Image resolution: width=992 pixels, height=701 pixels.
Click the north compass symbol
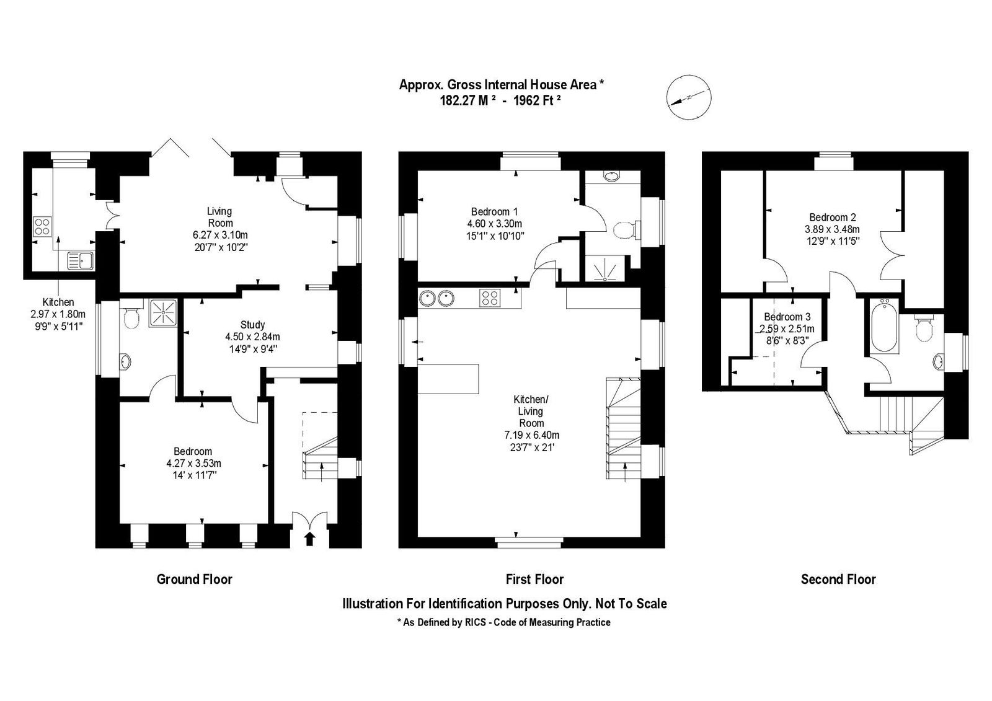pos(689,97)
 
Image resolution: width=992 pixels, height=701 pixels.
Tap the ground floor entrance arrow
pos(310,539)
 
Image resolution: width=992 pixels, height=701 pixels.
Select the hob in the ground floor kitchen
pos(43,226)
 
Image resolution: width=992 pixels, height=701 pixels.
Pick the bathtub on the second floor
pos(884,325)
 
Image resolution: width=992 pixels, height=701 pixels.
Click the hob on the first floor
pos(490,298)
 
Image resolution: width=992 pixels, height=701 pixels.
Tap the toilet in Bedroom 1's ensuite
pos(627,230)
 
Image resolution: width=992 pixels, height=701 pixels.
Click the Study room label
pos(252,324)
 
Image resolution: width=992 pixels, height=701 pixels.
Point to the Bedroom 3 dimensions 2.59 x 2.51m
pos(787,329)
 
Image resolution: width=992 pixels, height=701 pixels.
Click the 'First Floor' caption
pos(534,580)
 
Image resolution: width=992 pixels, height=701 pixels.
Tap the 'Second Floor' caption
pos(838,580)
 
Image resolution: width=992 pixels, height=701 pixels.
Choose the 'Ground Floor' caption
pos(195,580)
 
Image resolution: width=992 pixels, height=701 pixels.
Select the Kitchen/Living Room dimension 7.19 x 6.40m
pos(532,435)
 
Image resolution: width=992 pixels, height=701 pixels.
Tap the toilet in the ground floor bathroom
pos(131,317)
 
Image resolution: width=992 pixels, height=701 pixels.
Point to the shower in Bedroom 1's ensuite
pos(604,268)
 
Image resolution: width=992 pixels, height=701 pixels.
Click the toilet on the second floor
pos(924,328)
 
